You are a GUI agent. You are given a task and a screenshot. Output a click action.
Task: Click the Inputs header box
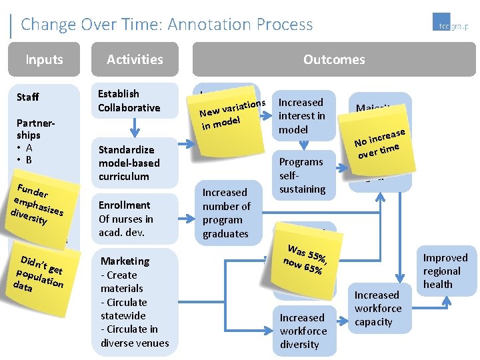[x=44, y=59]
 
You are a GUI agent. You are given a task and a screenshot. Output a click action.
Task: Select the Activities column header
[x=135, y=59]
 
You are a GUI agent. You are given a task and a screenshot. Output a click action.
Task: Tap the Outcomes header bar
[x=333, y=59]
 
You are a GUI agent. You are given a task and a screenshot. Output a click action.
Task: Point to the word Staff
[x=28, y=97]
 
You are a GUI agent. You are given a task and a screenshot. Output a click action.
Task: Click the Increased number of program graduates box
[x=226, y=213]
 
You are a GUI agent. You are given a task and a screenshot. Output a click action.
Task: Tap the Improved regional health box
[x=445, y=271]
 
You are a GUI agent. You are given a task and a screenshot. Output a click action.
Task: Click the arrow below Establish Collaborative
[x=135, y=127]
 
